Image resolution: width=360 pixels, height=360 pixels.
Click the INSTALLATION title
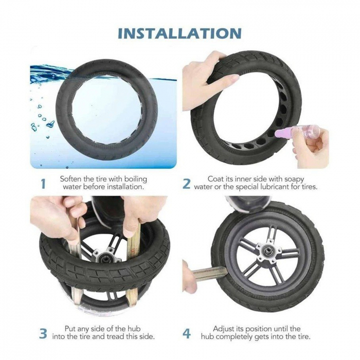coord(179,33)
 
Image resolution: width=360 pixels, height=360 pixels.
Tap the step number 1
coord(43,183)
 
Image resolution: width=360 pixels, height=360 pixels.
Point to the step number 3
coord(43,333)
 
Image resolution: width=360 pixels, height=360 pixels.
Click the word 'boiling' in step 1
coord(134,178)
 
